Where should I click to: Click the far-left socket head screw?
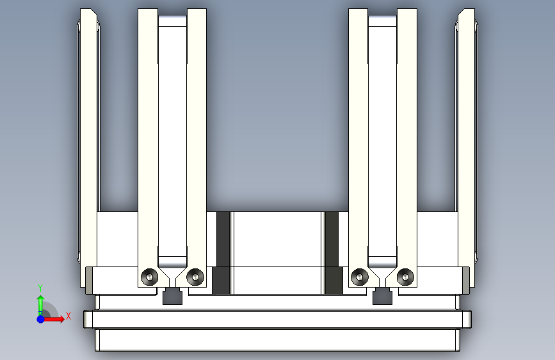149,276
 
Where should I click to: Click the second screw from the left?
195,276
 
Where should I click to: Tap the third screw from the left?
360,276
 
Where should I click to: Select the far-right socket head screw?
405,276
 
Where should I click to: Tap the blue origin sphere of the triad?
41,319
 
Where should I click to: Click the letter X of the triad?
68,316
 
